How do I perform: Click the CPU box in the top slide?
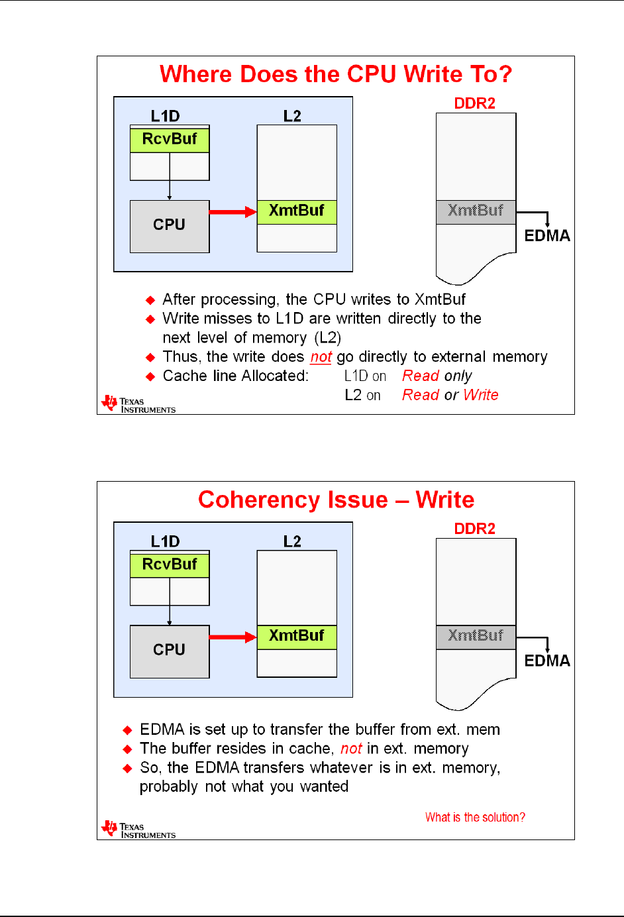point(170,226)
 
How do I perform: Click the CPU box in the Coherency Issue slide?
point(170,651)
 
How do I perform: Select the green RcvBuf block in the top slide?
point(170,139)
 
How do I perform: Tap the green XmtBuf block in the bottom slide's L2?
point(297,636)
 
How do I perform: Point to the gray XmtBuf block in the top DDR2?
point(476,211)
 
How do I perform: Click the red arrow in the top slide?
point(233,212)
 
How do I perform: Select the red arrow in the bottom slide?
point(233,637)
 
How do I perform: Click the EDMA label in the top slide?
point(547,236)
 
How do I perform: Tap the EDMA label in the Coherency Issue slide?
point(547,661)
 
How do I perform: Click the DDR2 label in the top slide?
point(475,103)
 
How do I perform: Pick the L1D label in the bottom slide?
point(165,541)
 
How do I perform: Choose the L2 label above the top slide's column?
point(292,116)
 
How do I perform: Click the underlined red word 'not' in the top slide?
point(321,357)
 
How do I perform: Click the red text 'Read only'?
point(437,376)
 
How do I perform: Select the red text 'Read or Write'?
point(450,396)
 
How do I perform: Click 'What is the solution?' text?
point(475,818)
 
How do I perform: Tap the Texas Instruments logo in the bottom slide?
point(138,830)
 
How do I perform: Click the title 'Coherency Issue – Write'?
point(336,500)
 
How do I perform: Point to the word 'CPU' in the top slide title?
point(372,74)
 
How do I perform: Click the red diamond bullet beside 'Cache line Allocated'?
point(150,376)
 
